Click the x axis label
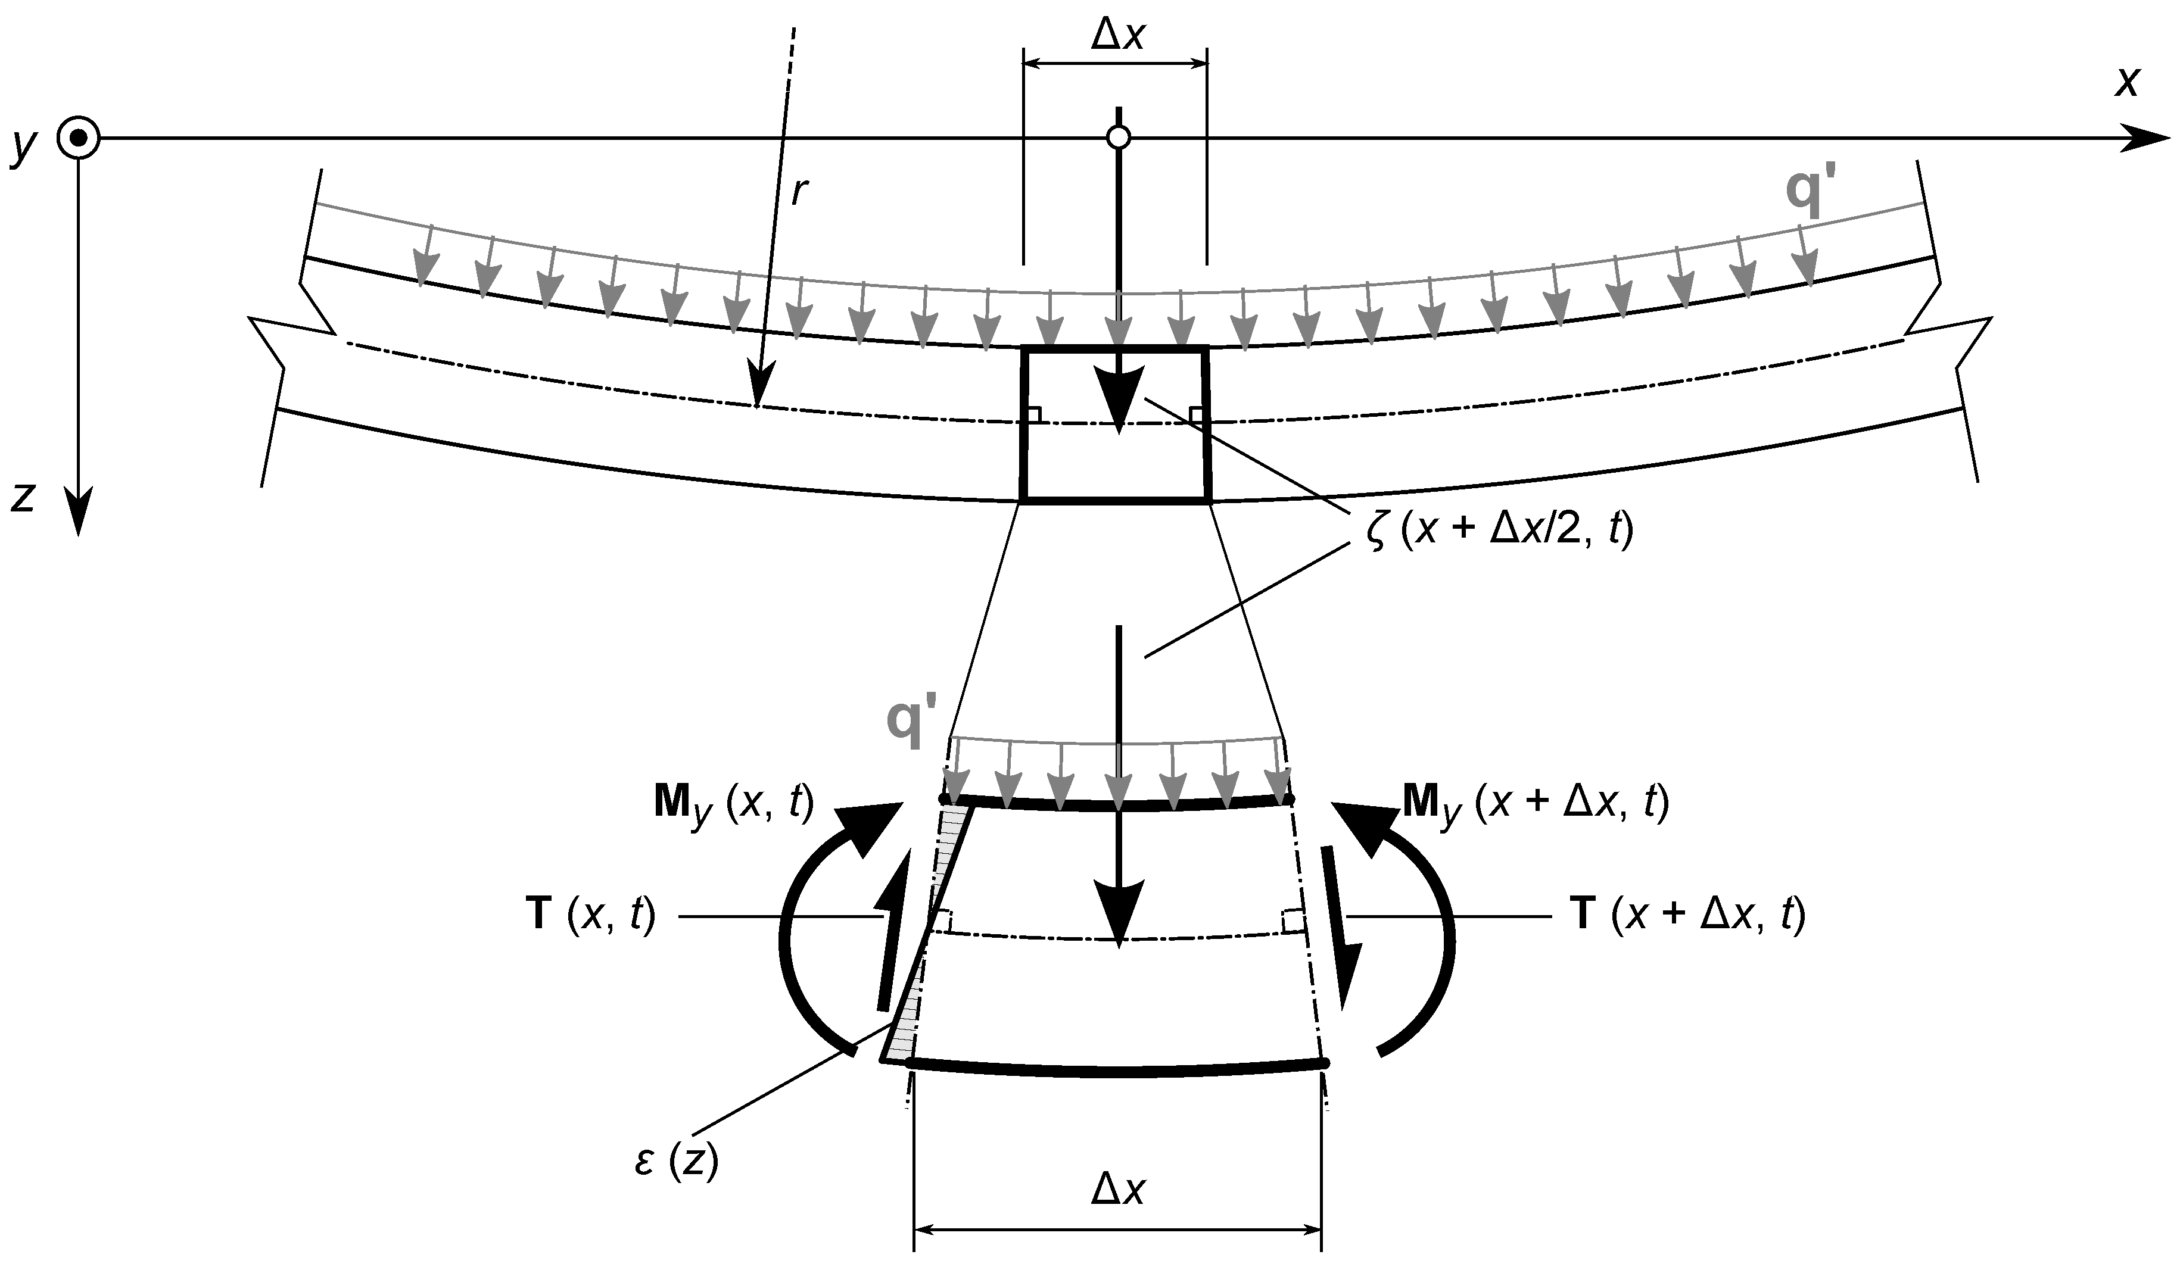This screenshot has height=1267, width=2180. coord(2127,83)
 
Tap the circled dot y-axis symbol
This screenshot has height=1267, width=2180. coord(79,138)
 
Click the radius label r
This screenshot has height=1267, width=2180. coord(800,194)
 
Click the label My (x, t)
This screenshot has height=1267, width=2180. coord(734,805)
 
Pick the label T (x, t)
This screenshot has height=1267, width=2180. coord(591,915)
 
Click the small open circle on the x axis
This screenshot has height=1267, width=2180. coord(1119,138)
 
